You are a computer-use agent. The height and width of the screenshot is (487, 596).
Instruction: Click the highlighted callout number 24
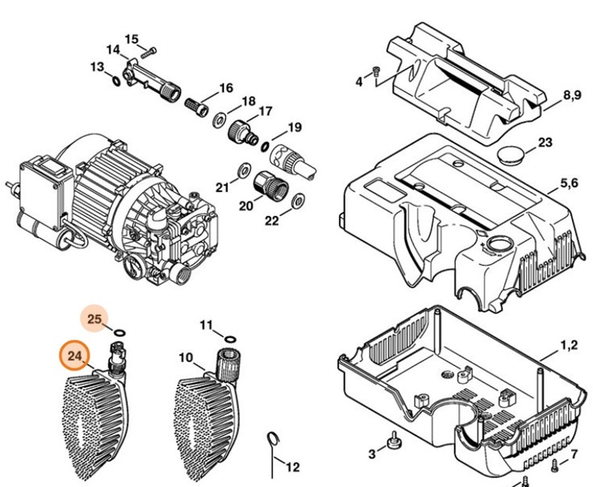pos(75,355)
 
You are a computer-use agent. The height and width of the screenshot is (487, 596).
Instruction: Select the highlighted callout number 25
pos(95,319)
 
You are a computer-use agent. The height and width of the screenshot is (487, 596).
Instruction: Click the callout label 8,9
pos(572,95)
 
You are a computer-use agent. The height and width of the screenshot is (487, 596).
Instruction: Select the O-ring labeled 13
pos(117,81)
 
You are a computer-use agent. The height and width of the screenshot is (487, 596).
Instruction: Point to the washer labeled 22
pos(296,198)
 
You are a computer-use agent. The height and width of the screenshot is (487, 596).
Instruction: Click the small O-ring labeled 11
pos(230,339)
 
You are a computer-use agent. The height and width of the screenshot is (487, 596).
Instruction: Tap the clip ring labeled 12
pos(273,440)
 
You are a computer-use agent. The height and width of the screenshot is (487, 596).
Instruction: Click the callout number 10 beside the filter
pos(186,357)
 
